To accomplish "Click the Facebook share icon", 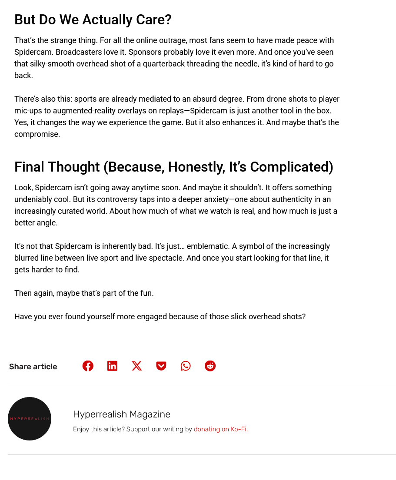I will tap(88, 366).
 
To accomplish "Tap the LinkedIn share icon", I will tap(112, 366).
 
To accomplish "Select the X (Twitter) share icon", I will tap(137, 366).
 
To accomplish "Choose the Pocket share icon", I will tap(161, 366).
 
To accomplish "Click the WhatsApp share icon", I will tap(186, 366).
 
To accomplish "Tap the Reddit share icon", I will tap(210, 366).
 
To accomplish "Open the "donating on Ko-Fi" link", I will tap(220, 429).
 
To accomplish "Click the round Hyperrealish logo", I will tap(30, 419).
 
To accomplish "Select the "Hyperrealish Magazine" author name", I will tap(122, 414).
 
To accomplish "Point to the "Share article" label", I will tap(33, 367).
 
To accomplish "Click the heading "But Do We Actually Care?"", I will tap(93, 20).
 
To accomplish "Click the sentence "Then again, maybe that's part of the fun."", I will tap(84, 293).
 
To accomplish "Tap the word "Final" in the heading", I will tap(29, 167).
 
